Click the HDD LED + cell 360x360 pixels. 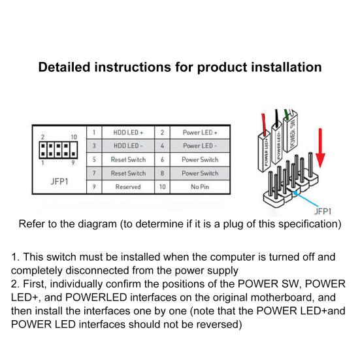tap(128, 133)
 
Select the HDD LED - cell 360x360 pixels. tap(128, 146)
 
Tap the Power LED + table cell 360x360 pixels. tap(200, 133)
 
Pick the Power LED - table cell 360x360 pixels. tap(200, 146)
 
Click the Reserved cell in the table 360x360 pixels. tap(128, 187)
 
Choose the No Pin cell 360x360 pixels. tap(200, 187)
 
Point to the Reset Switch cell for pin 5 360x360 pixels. tap(128, 159)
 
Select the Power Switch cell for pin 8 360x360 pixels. tap(200, 173)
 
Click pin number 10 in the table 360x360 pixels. tap(162, 187)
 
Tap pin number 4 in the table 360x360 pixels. tap(162, 146)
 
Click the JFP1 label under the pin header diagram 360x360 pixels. tap(59, 182)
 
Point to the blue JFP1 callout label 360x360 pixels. tap(323, 212)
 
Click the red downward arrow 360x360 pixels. tap(320, 148)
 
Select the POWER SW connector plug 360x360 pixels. tap(291, 132)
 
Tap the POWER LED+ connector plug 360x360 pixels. tap(265, 152)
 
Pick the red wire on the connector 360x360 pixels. tap(264, 124)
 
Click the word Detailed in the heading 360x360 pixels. tap(64, 67)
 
